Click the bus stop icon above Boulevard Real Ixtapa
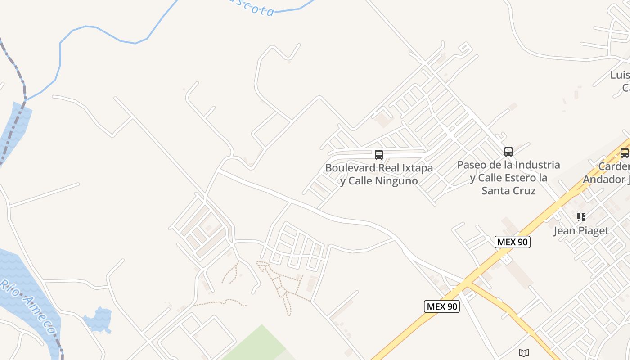pyautogui.click(x=379, y=155)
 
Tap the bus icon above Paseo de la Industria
pyautogui.click(x=508, y=152)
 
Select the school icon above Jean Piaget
pyautogui.click(x=581, y=217)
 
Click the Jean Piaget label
pyautogui.click(x=581, y=231)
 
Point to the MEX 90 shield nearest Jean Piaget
pyautogui.click(x=513, y=242)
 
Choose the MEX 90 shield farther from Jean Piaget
pyautogui.click(x=441, y=306)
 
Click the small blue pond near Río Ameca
pyautogui.click(x=99, y=319)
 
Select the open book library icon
pyautogui.click(x=523, y=353)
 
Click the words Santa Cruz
pyautogui.click(x=508, y=191)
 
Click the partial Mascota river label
pyautogui.click(x=252, y=7)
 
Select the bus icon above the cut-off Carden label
pyautogui.click(x=625, y=153)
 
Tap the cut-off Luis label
pyautogui.click(x=620, y=75)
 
